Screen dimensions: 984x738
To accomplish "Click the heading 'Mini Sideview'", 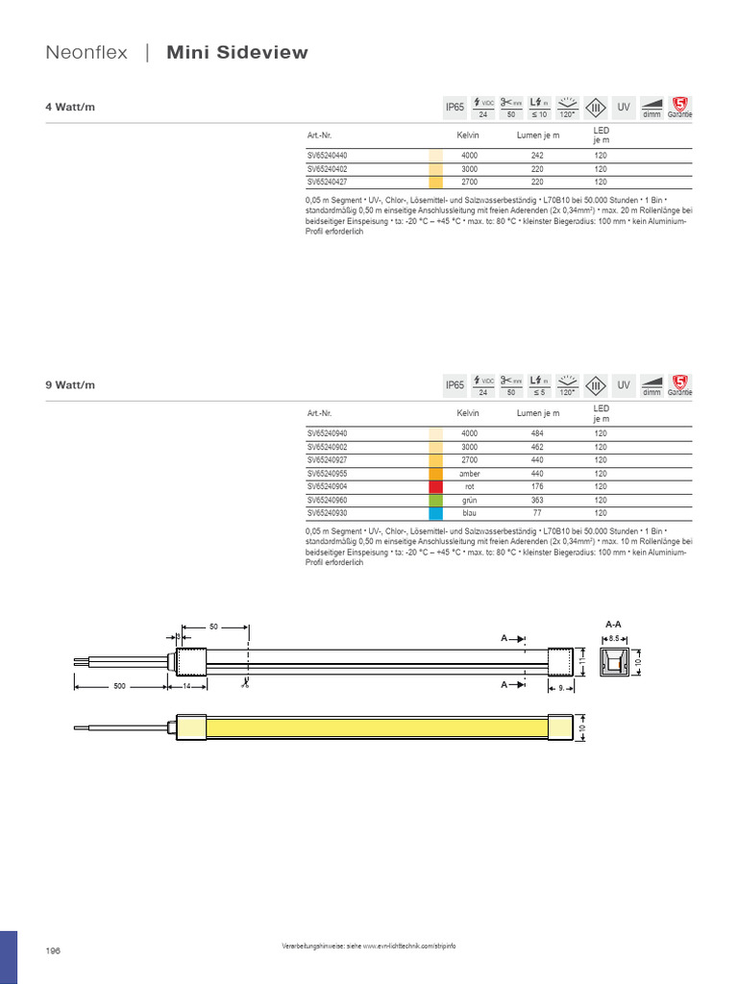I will point(237,53).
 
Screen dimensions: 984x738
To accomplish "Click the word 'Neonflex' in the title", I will point(86,53).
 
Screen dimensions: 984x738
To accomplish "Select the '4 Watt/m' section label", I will point(71,108).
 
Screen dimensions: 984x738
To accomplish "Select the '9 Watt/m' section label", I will point(71,385).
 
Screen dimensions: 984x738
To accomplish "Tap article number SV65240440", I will point(328,155).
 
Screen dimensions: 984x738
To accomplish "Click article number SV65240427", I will point(328,181).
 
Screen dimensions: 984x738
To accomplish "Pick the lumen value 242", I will point(537,155).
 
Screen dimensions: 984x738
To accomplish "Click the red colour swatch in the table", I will point(435,487).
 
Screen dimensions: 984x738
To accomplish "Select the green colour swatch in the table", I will point(435,501).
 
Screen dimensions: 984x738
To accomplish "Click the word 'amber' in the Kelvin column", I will point(469,474).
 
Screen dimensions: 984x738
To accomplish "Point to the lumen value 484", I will point(537,433).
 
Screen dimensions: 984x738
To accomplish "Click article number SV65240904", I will point(328,487).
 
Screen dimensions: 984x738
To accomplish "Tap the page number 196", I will point(53,950).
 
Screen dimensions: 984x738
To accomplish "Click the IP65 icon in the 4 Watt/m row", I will point(455,108).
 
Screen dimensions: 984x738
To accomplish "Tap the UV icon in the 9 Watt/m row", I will point(624,385).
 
